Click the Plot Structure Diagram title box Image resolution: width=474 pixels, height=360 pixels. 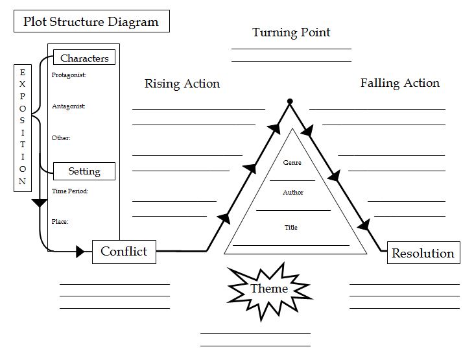point(91,21)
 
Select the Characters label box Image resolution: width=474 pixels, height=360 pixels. point(84,58)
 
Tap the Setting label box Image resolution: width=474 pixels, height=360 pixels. point(84,171)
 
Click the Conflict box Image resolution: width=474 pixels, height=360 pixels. point(124,251)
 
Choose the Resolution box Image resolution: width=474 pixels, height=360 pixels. point(423,253)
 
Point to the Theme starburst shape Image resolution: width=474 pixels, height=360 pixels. point(268,288)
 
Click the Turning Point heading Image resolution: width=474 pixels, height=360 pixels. point(291,32)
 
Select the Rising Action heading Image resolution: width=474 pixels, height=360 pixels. point(182,84)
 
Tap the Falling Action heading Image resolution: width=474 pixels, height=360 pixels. point(399,83)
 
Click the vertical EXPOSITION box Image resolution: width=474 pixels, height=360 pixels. point(23,127)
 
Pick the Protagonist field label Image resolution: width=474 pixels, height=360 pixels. point(69,75)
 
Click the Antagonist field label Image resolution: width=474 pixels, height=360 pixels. point(68,106)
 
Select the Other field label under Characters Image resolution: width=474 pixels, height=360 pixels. point(61,138)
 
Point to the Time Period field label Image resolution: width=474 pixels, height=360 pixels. point(69,191)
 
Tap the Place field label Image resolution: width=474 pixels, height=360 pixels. point(60,222)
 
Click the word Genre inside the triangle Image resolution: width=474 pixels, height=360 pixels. point(292,163)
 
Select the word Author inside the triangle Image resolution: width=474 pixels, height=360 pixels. point(292,193)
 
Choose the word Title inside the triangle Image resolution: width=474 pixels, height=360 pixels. point(291,228)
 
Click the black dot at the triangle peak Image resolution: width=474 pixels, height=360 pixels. point(290,101)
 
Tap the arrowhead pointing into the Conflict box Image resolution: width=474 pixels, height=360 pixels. point(80,251)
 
